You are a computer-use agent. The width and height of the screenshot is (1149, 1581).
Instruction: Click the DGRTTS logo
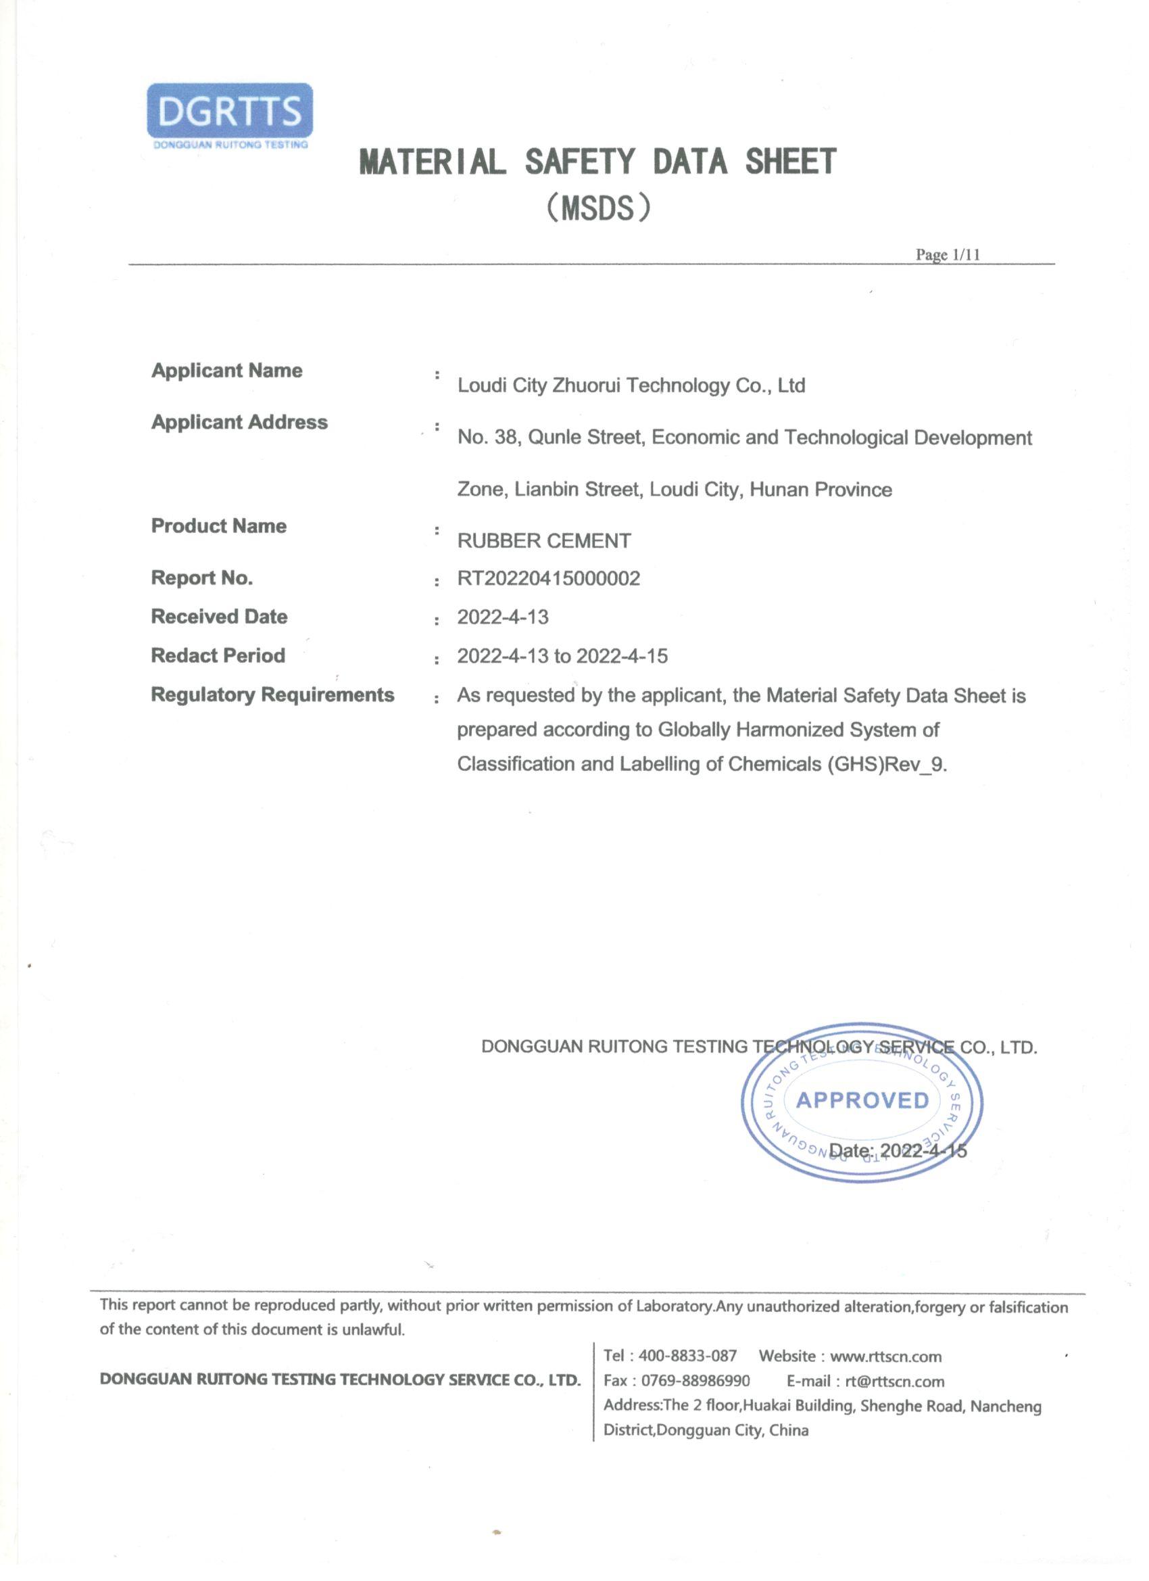coord(229,115)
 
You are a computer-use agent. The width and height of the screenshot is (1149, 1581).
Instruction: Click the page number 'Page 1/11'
coord(947,255)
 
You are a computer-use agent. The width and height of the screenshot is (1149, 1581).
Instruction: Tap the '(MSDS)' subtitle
coord(599,208)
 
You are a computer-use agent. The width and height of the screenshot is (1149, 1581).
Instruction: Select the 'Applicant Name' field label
coord(227,370)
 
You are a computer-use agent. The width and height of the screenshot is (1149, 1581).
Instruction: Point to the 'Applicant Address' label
coord(240,423)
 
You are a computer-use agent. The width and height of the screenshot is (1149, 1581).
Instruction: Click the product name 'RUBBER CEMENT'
coord(544,541)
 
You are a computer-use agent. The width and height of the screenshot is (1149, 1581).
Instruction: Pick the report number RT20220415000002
coord(548,579)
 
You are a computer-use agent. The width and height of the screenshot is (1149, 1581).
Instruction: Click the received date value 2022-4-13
coord(503,617)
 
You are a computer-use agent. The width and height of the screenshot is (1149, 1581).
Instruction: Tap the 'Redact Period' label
coord(218,656)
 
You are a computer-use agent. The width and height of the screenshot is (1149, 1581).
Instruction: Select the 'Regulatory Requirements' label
coord(272,695)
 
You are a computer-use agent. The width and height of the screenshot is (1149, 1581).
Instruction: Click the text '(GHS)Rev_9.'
coord(887,765)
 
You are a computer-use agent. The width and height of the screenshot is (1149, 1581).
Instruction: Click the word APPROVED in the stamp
coord(862,1101)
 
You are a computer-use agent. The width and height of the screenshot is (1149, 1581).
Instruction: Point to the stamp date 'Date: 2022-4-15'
coord(898,1151)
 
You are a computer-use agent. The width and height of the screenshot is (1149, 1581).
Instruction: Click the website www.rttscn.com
coord(885,1356)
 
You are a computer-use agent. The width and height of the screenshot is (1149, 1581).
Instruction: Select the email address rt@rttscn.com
coord(895,1382)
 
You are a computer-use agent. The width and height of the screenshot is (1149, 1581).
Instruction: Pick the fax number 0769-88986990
coord(695,1381)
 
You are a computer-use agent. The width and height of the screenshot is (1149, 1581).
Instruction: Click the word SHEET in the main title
coord(790,162)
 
